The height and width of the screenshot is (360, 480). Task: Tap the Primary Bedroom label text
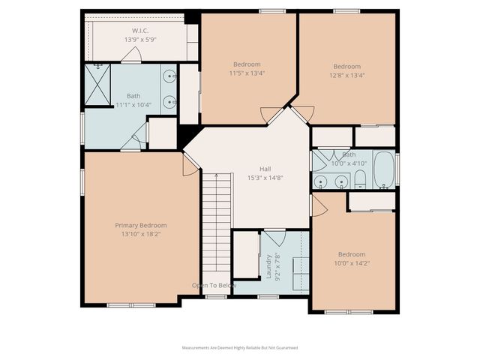pyautogui.click(x=141, y=225)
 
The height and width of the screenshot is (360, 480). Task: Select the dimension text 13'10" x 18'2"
pyautogui.click(x=141, y=234)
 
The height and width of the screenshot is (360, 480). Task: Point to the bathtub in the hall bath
pyautogui.click(x=385, y=169)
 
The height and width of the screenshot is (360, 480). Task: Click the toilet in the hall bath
pyautogui.click(x=361, y=178)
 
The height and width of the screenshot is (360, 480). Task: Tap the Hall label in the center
pyautogui.click(x=265, y=169)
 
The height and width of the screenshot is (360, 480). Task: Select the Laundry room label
pyautogui.click(x=268, y=265)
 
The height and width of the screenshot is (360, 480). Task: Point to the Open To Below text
pyautogui.click(x=214, y=286)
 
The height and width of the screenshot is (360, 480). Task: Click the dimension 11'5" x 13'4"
pyautogui.click(x=247, y=73)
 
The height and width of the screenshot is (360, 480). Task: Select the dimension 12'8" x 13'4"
pyautogui.click(x=346, y=75)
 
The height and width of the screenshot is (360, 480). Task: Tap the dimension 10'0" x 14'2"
pyautogui.click(x=351, y=263)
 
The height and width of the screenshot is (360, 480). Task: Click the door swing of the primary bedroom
pyautogui.click(x=189, y=165)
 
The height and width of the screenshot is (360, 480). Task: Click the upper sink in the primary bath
pyautogui.click(x=169, y=76)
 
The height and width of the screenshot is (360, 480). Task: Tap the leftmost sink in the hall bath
pyautogui.click(x=322, y=181)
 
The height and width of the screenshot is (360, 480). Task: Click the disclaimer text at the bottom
pyautogui.click(x=240, y=348)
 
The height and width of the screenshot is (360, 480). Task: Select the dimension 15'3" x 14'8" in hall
pyautogui.click(x=265, y=178)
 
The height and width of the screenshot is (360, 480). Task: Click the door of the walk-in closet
pyautogui.click(x=132, y=55)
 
